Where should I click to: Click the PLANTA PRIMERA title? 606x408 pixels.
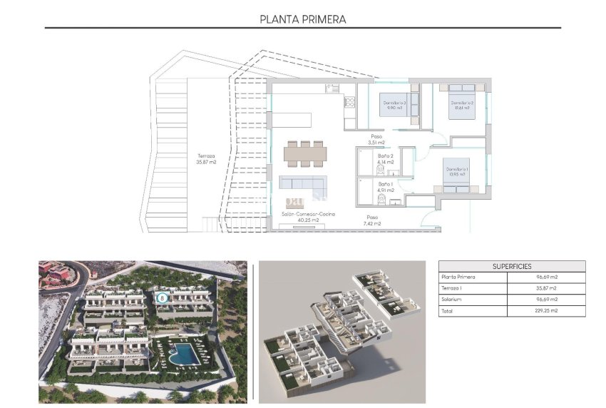[x=303, y=19]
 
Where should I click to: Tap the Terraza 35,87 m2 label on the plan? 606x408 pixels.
[x=206, y=158]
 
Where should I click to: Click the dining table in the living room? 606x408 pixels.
[x=305, y=153]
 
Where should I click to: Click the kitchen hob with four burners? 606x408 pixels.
[x=350, y=101]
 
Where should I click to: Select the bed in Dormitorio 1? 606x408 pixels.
[x=456, y=173]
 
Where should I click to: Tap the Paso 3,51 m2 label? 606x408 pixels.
[x=376, y=139]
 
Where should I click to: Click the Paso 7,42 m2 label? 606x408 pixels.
[x=373, y=220]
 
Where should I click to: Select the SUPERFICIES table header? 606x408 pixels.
[x=511, y=266]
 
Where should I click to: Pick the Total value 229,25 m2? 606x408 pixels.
[x=546, y=311]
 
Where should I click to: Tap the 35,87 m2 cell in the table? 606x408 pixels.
[x=546, y=288]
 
